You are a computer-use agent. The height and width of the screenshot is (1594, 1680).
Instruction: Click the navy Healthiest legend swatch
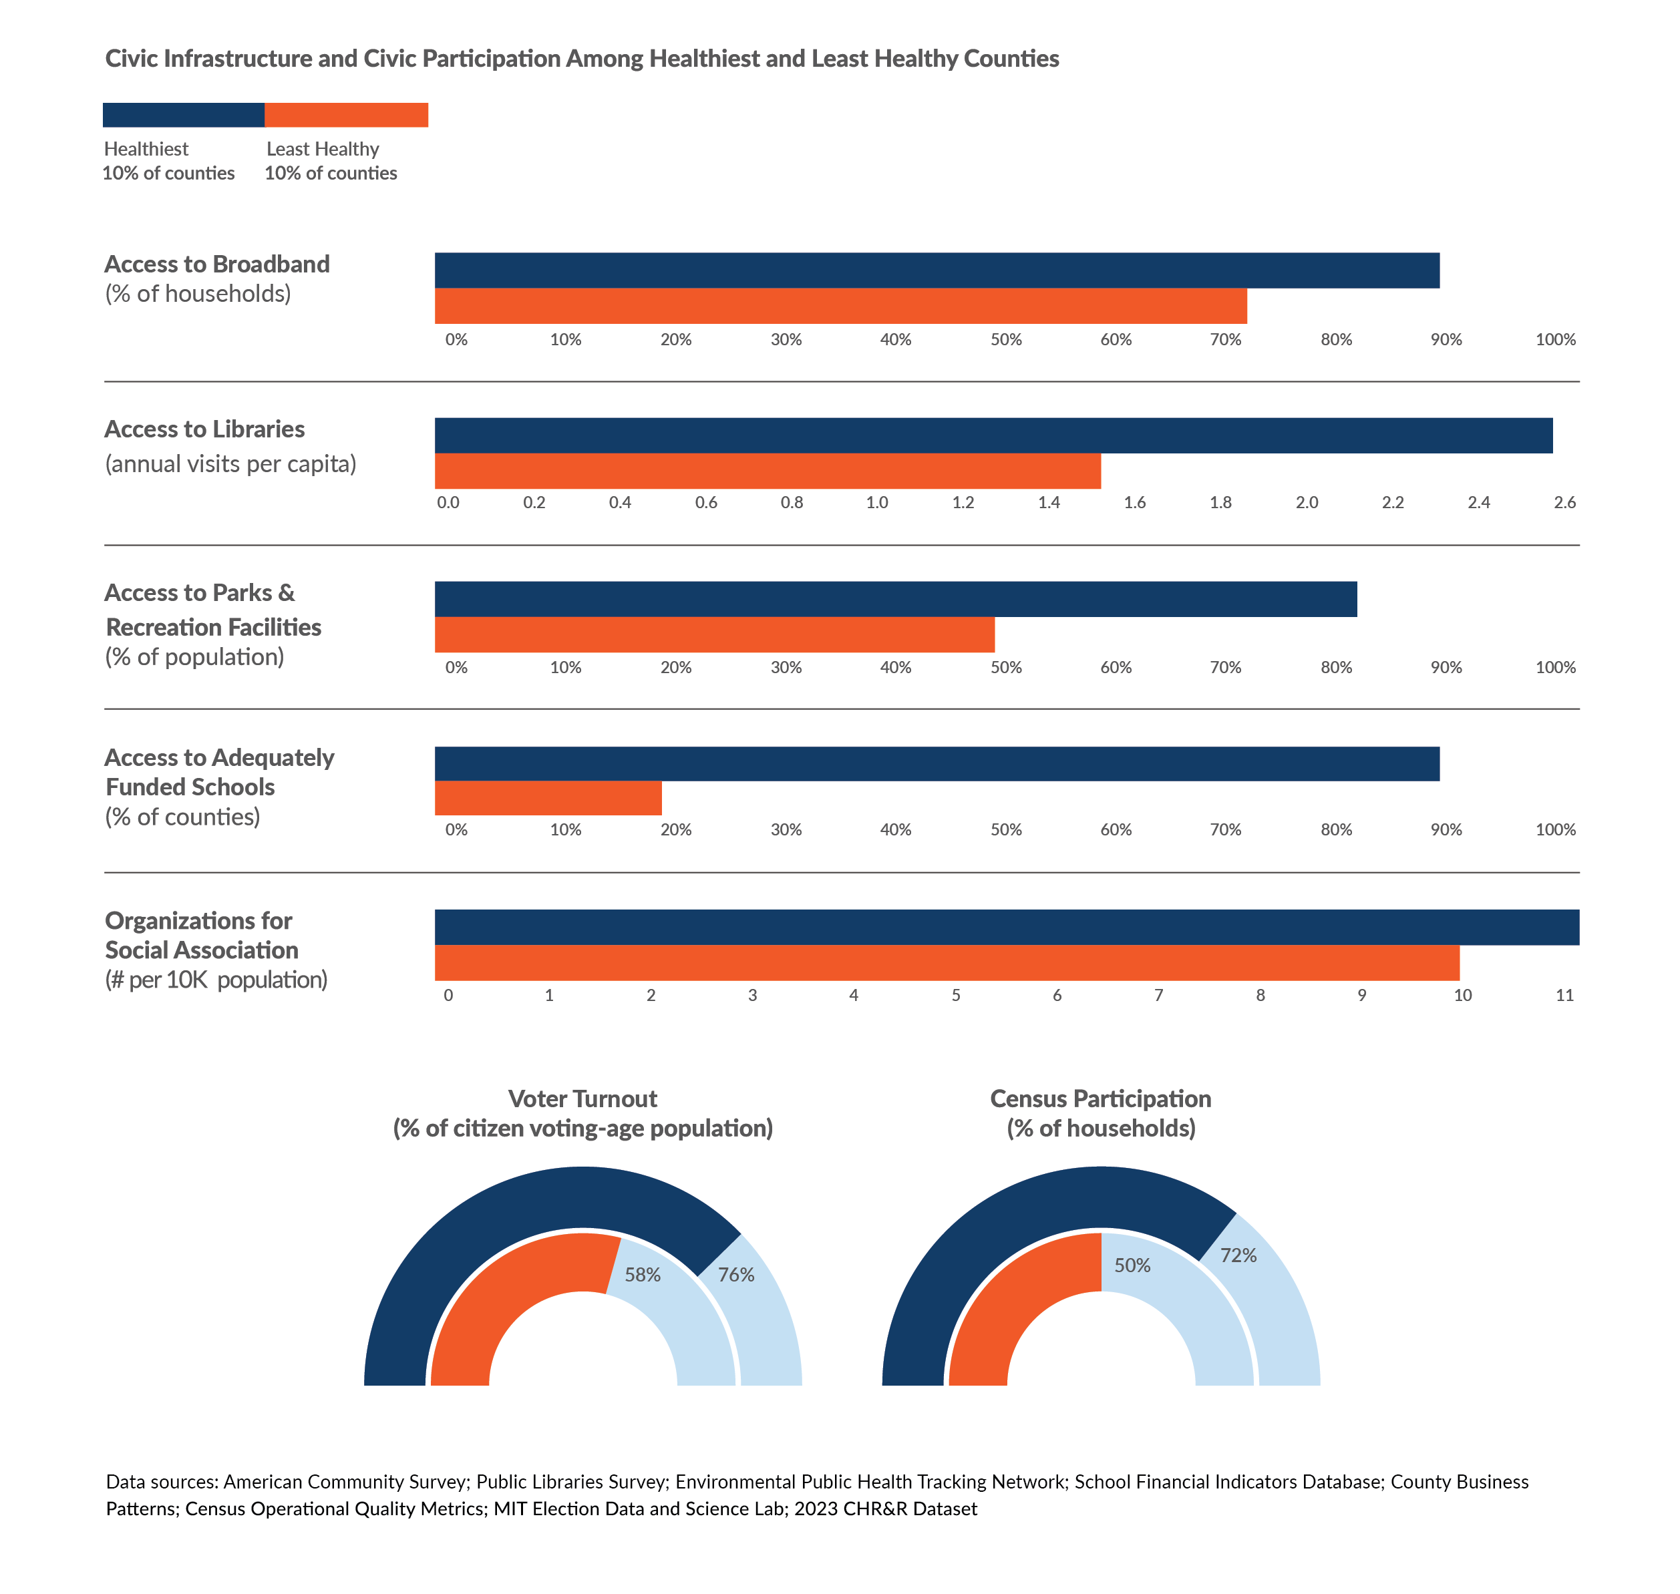point(183,115)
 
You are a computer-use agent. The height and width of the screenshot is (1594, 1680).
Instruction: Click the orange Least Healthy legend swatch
point(346,115)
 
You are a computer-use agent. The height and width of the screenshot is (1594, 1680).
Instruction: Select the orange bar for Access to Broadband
point(840,306)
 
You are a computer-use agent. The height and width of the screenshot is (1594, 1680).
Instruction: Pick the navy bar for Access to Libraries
point(993,435)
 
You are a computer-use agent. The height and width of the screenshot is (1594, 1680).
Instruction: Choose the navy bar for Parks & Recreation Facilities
point(895,599)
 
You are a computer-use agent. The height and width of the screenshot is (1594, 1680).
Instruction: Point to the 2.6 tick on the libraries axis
point(1564,502)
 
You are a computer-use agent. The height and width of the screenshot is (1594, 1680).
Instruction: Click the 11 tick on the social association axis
point(1564,995)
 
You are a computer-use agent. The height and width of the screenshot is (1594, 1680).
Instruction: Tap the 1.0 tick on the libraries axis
point(876,502)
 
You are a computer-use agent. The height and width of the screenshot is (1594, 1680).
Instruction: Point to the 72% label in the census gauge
point(1237,1255)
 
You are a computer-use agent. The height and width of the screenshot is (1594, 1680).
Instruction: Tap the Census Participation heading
point(1100,1099)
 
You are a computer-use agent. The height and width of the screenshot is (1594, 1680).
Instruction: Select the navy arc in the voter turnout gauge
point(476,1232)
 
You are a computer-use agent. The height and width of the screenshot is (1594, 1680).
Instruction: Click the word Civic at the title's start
point(132,59)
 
